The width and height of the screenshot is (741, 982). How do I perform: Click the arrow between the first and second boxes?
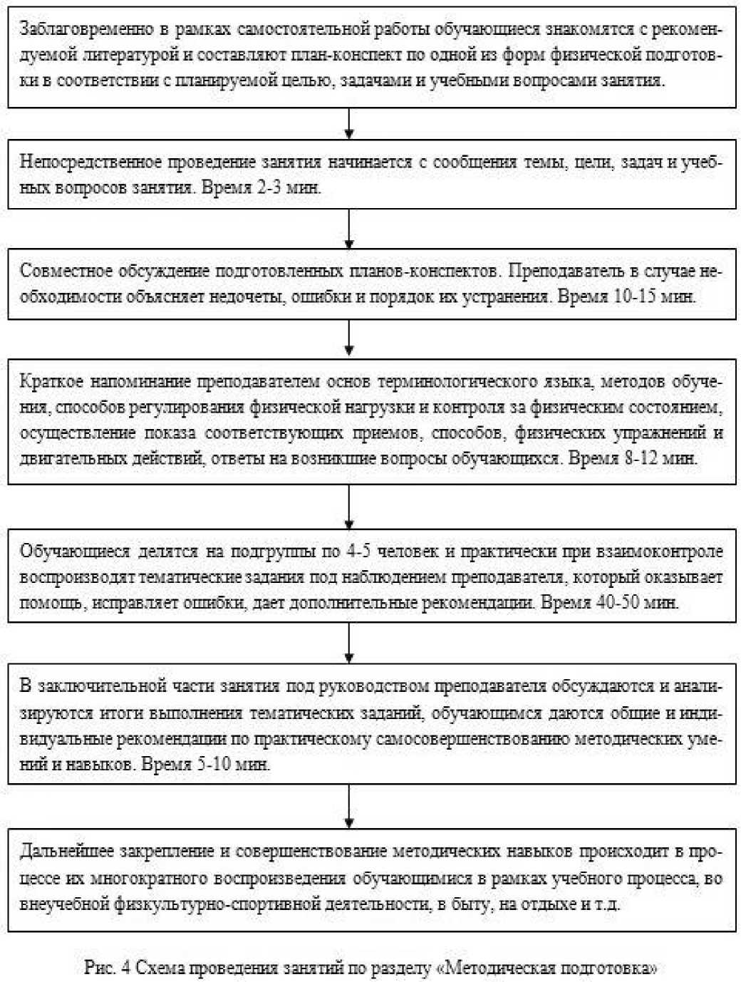coord(349,123)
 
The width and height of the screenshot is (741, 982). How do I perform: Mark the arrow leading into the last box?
coord(349,806)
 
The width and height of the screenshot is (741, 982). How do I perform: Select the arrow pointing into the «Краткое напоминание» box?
coord(349,339)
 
